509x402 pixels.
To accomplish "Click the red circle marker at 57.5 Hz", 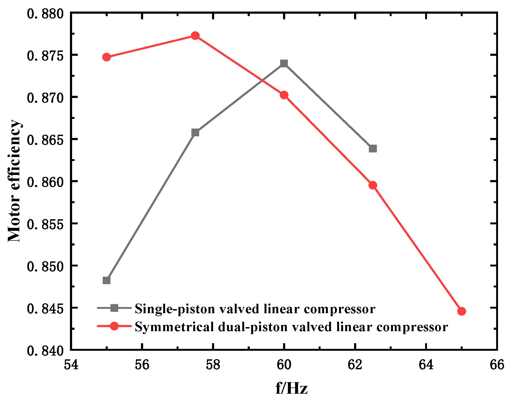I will click(x=195, y=36).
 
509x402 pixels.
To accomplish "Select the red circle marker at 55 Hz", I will click(x=106, y=57).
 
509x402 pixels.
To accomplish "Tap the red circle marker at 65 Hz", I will click(x=461, y=311).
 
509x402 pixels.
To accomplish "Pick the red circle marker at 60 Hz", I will click(x=284, y=95).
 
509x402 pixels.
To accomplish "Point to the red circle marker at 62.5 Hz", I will click(x=373, y=185).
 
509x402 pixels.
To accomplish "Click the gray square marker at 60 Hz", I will click(x=284, y=63).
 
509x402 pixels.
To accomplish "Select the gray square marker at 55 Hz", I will click(x=106, y=280).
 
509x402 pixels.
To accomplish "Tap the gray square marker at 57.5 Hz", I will click(x=195, y=133).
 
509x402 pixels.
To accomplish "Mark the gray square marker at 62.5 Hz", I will click(x=373, y=148).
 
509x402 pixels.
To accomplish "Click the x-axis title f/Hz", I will click(x=291, y=388).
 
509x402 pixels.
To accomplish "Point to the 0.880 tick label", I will click(x=45, y=13).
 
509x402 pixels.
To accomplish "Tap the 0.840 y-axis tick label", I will click(x=45, y=350).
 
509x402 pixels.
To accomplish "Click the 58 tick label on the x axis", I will click(x=213, y=365).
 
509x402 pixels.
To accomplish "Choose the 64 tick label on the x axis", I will click(x=426, y=365).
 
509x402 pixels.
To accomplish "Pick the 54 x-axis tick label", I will click(x=71, y=365).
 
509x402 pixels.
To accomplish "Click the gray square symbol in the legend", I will click(x=114, y=308).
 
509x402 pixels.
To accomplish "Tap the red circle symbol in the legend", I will click(x=114, y=326).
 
